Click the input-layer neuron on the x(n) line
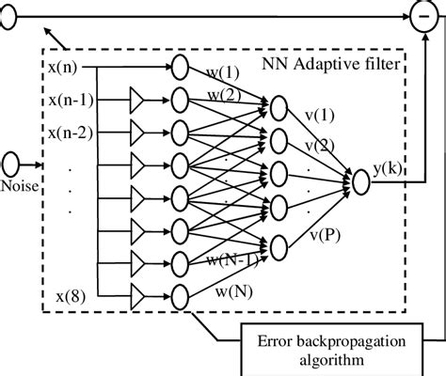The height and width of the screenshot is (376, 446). coord(179,68)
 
